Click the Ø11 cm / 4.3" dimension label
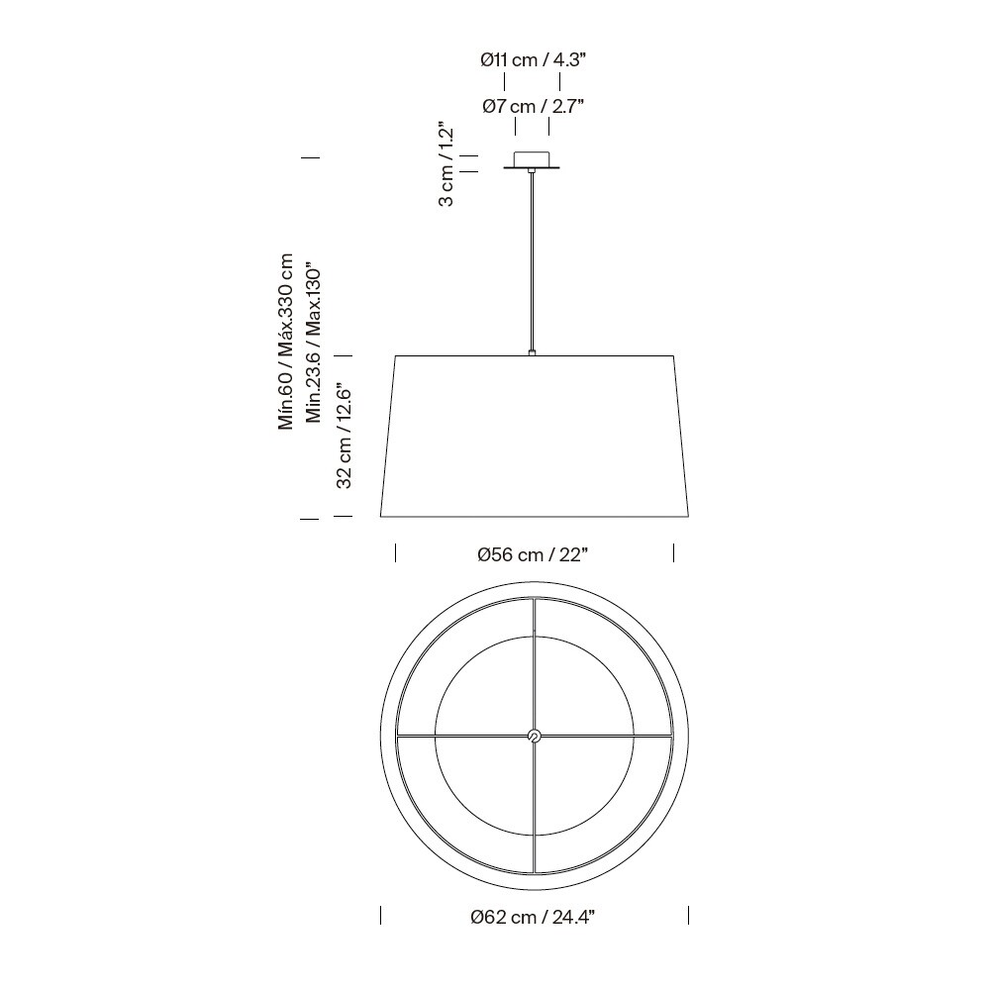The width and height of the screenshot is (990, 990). (x=533, y=60)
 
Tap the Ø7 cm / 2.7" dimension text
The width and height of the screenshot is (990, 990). (x=533, y=106)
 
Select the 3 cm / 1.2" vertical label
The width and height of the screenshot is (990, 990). (x=446, y=164)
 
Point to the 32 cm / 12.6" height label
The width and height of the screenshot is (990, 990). (x=345, y=437)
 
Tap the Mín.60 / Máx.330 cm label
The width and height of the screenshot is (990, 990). (x=287, y=342)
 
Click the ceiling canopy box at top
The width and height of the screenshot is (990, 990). (x=533, y=158)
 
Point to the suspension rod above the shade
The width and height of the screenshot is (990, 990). (x=533, y=262)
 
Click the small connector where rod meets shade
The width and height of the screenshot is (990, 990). (x=533, y=351)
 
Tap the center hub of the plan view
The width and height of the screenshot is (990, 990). (x=534, y=736)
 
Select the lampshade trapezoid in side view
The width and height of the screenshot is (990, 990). (x=535, y=436)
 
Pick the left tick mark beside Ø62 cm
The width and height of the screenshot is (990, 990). (x=381, y=916)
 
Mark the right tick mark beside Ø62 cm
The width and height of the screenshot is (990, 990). (x=688, y=916)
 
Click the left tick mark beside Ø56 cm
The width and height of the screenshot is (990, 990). (x=396, y=552)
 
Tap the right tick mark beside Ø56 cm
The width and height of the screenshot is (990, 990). (x=674, y=552)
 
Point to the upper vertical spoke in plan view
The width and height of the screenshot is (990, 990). (x=534, y=663)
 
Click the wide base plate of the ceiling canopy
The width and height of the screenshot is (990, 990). (x=533, y=168)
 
